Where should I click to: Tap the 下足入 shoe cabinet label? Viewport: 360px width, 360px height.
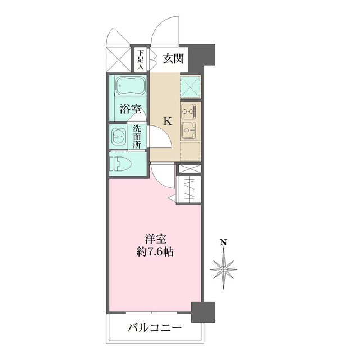click(140, 60)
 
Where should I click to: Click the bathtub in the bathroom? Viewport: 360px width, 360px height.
click(129, 88)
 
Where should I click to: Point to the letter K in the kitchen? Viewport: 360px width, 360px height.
click(167, 120)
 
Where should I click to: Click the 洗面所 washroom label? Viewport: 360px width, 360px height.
click(137, 136)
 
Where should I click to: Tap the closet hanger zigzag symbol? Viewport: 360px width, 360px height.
click(189, 188)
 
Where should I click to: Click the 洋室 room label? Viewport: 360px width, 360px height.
click(155, 238)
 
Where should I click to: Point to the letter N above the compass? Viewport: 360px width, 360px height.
click(224, 243)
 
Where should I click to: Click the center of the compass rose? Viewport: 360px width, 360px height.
click(224, 269)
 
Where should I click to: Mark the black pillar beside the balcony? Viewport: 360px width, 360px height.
click(203, 312)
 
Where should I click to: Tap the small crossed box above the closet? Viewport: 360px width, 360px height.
click(189, 169)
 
